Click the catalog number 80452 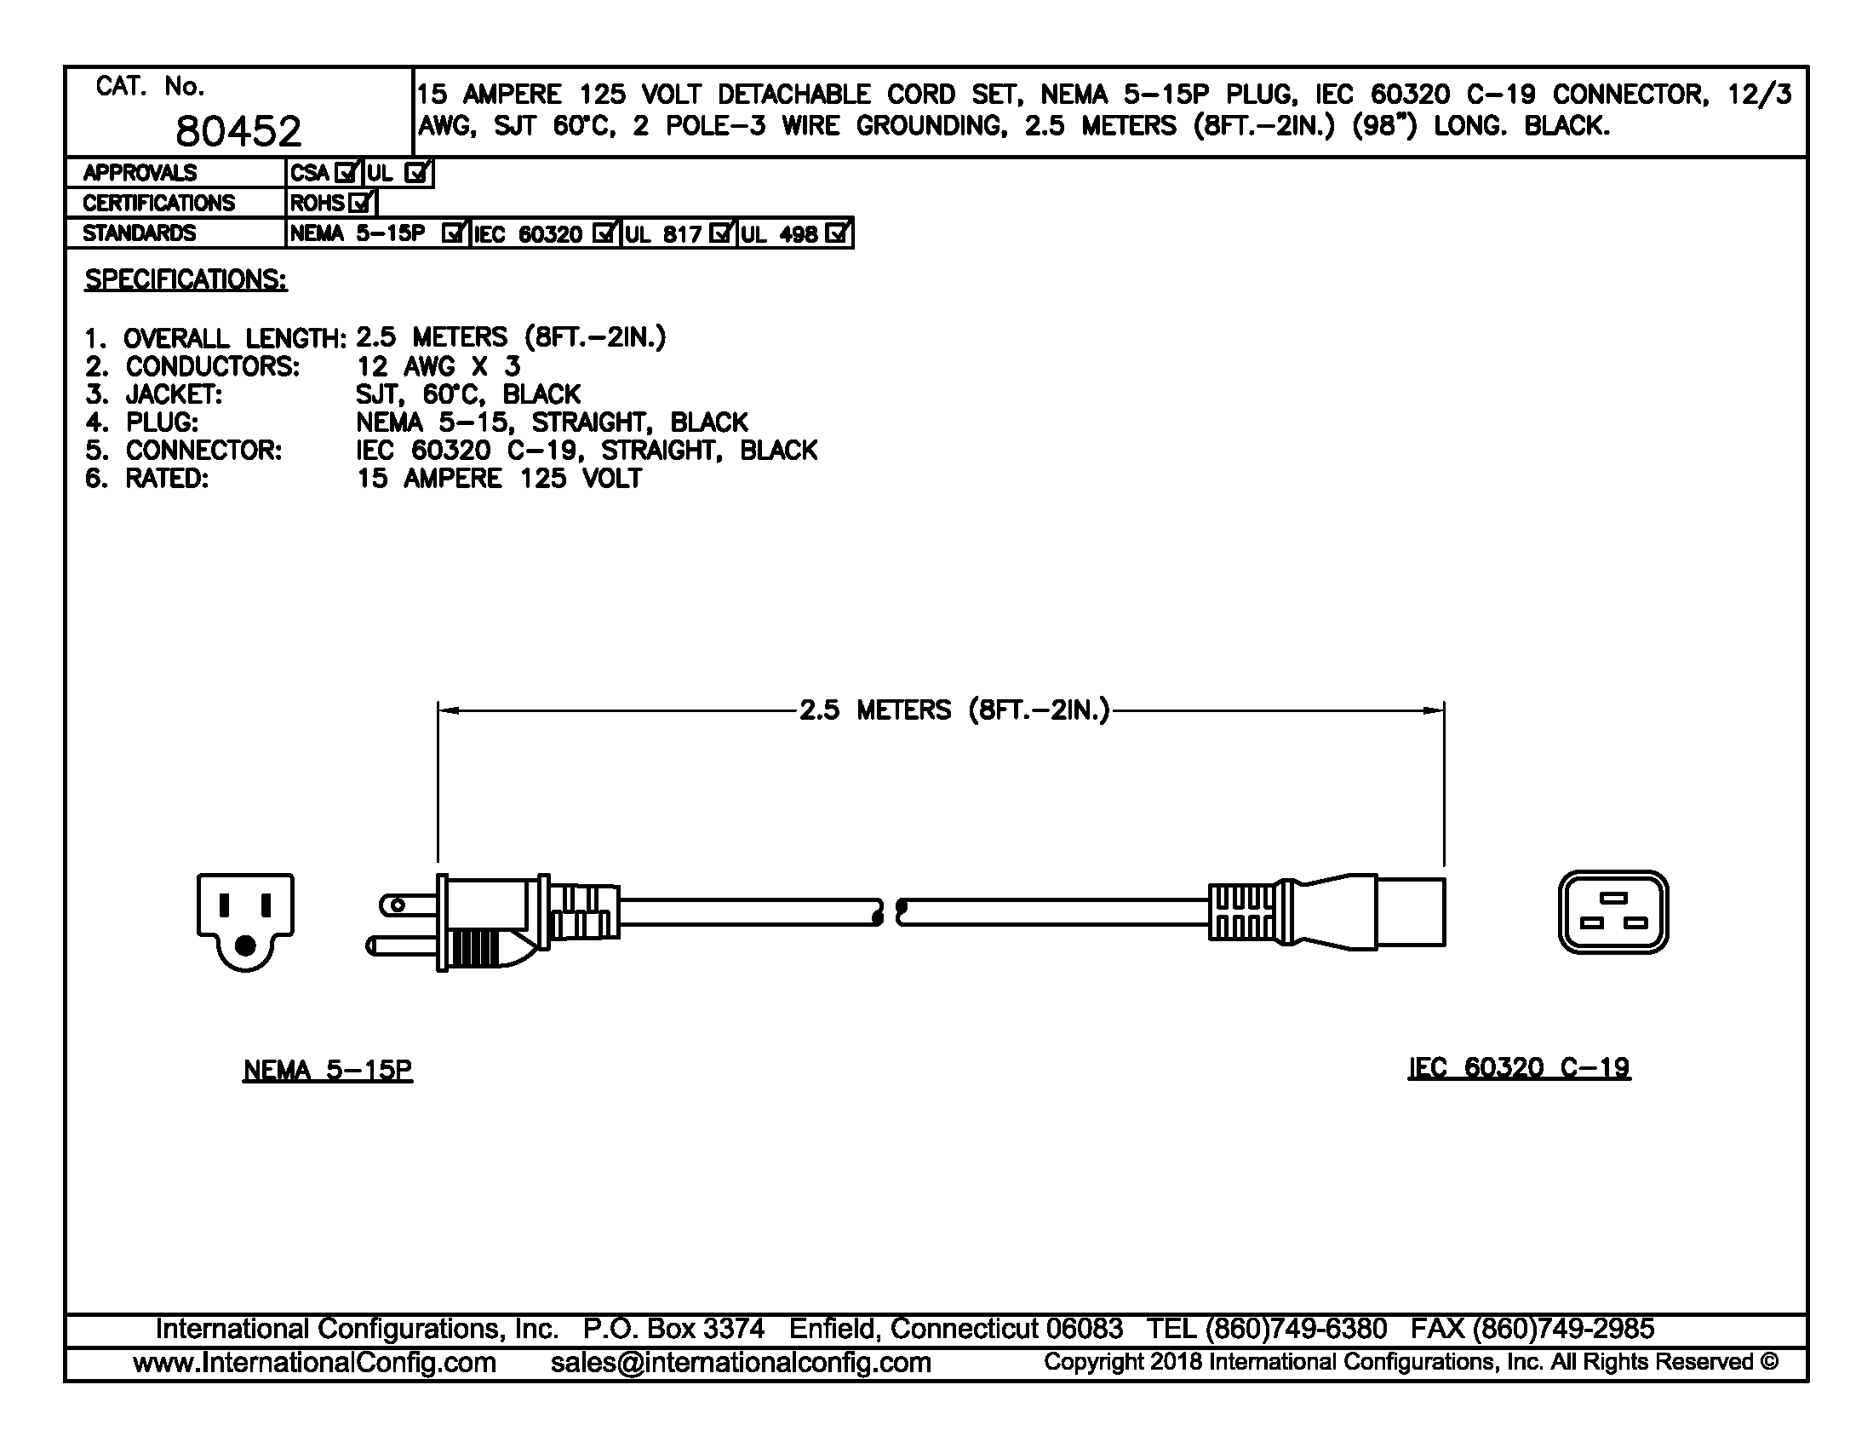(x=238, y=131)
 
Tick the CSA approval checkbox (x=346, y=173)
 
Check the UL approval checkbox (x=417, y=173)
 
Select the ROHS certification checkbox (x=360, y=204)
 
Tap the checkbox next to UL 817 (x=722, y=233)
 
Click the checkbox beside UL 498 (x=837, y=233)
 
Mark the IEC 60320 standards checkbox (x=604, y=233)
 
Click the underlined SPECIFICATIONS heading (x=186, y=279)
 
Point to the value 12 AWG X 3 (x=438, y=367)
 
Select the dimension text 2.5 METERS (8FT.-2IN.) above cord (x=954, y=710)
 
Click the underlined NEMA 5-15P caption (x=328, y=1070)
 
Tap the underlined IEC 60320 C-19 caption (x=1519, y=1067)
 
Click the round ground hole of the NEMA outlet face (x=245, y=946)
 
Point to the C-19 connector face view (x=1613, y=912)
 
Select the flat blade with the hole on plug (x=408, y=905)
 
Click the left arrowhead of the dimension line (x=449, y=710)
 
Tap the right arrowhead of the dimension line (x=1433, y=710)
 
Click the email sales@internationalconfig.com (x=741, y=1362)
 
